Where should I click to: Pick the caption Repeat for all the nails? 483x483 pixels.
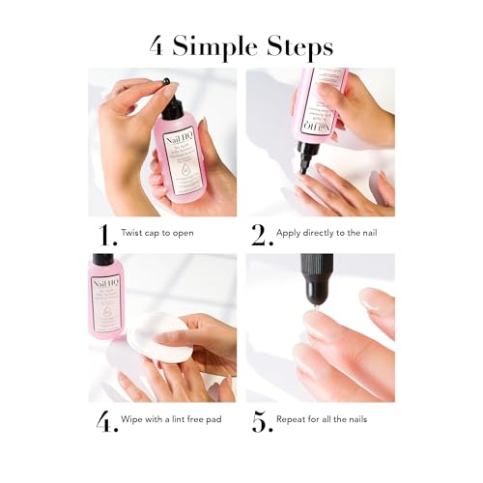325,421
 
